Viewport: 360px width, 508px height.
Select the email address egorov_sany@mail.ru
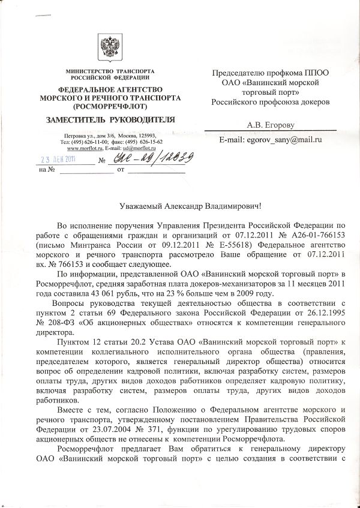(x=281, y=139)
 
